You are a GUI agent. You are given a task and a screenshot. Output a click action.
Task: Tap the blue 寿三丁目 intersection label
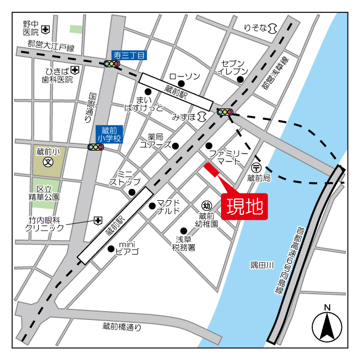(x=129, y=55)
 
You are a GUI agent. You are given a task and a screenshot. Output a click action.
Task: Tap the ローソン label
(x=184, y=76)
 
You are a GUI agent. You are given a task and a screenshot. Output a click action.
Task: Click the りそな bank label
(x=255, y=27)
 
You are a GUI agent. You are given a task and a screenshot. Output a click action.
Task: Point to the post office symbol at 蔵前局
(x=256, y=166)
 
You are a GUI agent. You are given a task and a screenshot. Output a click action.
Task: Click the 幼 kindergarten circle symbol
(x=206, y=205)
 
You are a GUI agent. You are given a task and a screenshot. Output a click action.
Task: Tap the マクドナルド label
(x=168, y=206)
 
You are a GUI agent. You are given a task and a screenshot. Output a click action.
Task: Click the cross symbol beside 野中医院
(x=45, y=29)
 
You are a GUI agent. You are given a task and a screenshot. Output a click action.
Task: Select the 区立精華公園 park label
(x=48, y=193)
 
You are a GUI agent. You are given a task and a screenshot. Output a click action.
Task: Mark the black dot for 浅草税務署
(x=183, y=231)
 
